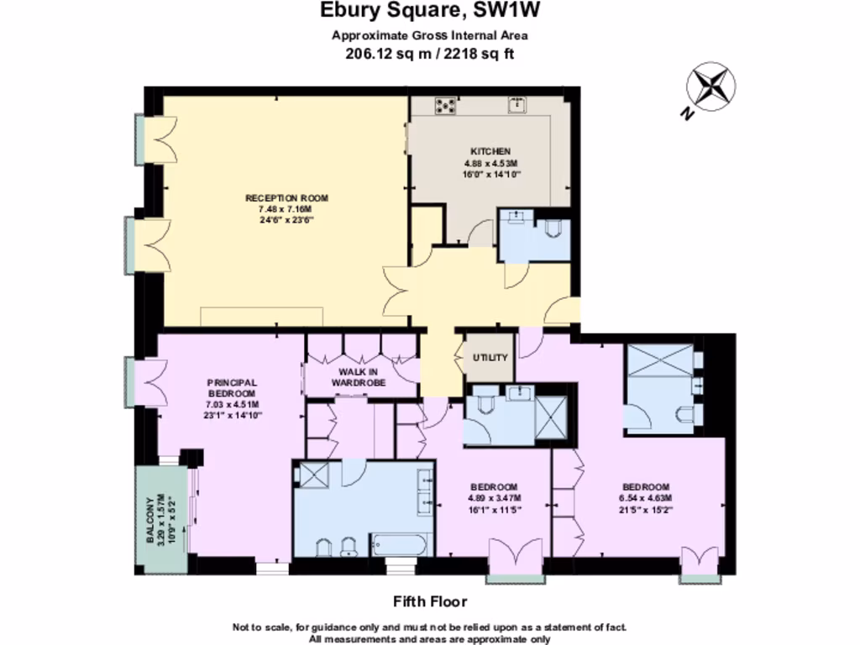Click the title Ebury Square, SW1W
[x=429, y=11]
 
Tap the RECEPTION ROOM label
[x=286, y=198]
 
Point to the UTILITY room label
[x=490, y=358]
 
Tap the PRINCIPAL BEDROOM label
[x=231, y=388]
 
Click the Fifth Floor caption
[x=429, y=601]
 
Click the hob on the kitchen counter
[x=444, y=106]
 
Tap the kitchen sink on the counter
[x=517, y=105]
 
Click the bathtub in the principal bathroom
[x=401, y=546]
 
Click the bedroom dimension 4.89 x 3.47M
[x=493, y=497]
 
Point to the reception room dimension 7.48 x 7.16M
[x=286, y=209]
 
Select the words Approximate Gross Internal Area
[x=429, y=35]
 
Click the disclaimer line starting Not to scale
[x=429, y=627]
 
